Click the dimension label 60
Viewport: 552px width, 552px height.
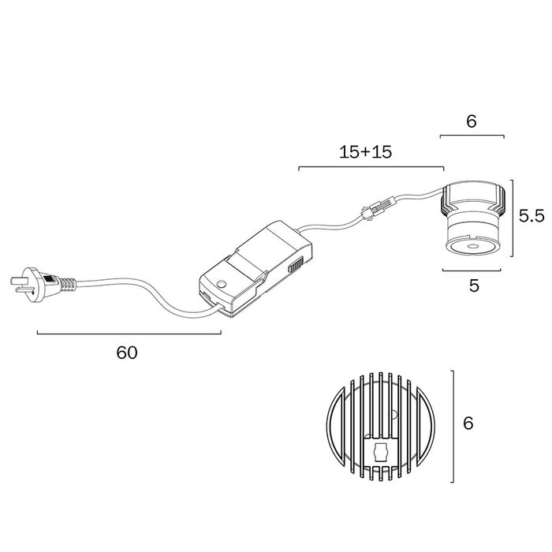click(127, 352)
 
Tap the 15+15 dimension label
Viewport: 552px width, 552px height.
click(365, 152)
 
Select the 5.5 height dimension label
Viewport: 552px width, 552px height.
click(531, 215)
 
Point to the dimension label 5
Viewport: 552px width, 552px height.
click(474, 285)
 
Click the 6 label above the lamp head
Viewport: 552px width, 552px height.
click(472, 121)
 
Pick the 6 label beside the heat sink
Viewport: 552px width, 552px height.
click(468, 423)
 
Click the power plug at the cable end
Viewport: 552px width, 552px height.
click(43, 285)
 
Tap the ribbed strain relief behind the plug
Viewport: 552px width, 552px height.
click(68, 285)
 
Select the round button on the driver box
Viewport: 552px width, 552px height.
click(222, 284)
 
